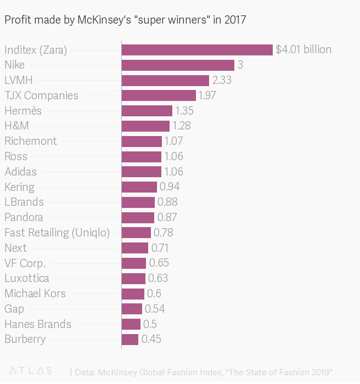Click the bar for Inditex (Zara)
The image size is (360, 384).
click(197, 50)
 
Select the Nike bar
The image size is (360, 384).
click(178, 65)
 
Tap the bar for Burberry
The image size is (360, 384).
click(130, 340)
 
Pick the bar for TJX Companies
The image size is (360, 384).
click(159, 95)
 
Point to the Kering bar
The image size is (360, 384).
click(139, 187)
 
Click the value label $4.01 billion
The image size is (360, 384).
click(303, 49)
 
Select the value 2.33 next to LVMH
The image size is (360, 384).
click(222, 80)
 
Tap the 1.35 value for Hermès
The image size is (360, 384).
click(184, 111)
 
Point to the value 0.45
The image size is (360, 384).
click(151, 339)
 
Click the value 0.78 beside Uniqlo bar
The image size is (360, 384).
click(163, 233)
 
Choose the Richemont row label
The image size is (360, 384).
click(31, 141)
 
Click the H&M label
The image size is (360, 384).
click(16, 126)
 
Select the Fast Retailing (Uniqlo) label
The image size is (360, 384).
click(57, 233)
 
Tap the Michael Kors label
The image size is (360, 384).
click(35, 293)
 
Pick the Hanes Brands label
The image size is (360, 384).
click(38, 324)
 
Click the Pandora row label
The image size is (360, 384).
click(24, 217)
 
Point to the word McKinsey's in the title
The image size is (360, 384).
click(104, 20)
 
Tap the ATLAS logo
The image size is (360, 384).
click(30, 370)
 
